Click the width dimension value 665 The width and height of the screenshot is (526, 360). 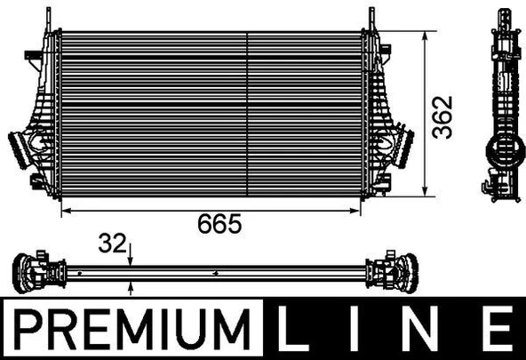[219, 224]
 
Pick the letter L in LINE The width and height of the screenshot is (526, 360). [299, 331]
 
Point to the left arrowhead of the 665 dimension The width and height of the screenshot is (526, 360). [63, 211]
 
